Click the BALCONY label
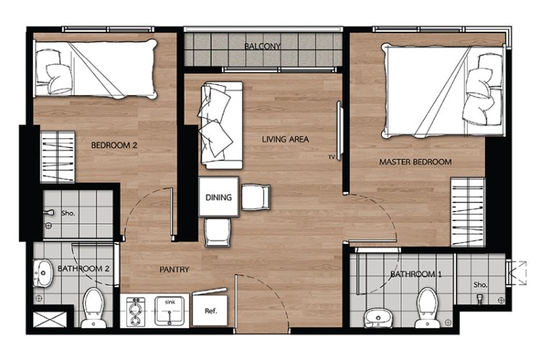pos(262,46)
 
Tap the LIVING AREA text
pos(285,140)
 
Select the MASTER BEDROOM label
pos(415,161)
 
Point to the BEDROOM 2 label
pos(114,145)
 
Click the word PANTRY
pos(174,269)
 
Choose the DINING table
pos(219,197)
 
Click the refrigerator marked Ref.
pos(210,309)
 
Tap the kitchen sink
pos(169,311)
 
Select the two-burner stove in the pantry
pos(135,312)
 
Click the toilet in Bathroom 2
pos(94,308)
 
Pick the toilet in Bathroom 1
pos(427,307)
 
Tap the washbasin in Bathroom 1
pos(378,318)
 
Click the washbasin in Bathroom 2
pos(42,273)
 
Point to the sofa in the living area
pos(220,125)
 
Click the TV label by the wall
pos(331,158)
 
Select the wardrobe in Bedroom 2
pos(58,157)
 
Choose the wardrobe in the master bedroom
pos(468,212)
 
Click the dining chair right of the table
pos(256,197)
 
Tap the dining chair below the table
pos(217,233)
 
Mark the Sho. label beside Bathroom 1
pos(480,285)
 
